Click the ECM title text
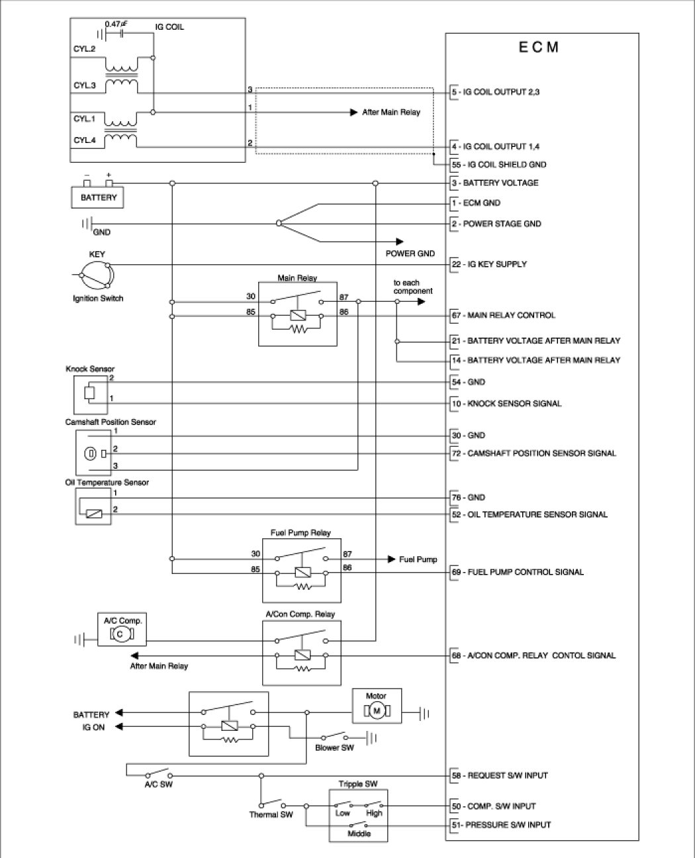coord(538,48)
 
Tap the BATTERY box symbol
coord(99,197)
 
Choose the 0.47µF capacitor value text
coord(116,24)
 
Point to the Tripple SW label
coord(358,784)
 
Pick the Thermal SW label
coord(271,814)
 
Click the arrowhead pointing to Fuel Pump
coord(391,559)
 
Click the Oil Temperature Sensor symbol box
coord(93,506)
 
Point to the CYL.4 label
coord(85,140)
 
